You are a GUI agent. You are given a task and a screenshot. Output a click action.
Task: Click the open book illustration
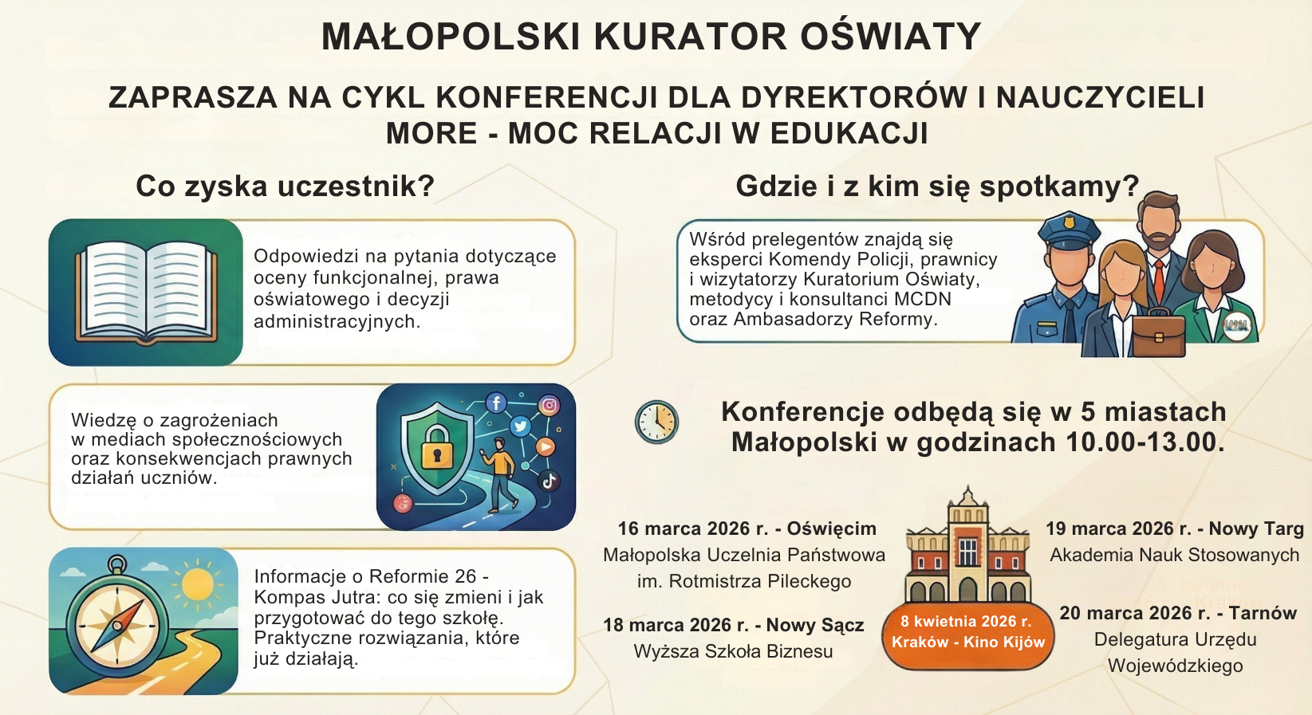click(146, 293)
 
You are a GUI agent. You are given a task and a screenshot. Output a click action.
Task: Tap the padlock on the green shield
click(436, 448)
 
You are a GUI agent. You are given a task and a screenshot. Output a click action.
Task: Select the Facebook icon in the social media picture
click(496, 403)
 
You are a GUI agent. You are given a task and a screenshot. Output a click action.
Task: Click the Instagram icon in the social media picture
click(549, 405)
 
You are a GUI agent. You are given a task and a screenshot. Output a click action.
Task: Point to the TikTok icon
click(549, 481)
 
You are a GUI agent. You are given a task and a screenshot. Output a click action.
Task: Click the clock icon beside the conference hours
click(656, 422)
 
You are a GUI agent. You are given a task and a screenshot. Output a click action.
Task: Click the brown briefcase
click(1159, 334)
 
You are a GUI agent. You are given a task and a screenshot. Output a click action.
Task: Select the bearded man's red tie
click(1159, 281)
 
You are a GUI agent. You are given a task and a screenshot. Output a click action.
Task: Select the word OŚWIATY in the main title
click(890, 37)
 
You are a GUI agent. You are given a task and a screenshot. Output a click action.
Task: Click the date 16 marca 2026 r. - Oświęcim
click(747, 528)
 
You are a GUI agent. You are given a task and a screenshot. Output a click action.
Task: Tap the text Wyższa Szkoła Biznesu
click(733, 651)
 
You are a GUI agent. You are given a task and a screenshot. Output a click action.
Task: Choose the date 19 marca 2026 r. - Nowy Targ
click(1175, 528)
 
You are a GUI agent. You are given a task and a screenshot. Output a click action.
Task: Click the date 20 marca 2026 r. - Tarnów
click(1178, 612)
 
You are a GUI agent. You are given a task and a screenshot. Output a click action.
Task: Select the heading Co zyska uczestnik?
click(286, 187)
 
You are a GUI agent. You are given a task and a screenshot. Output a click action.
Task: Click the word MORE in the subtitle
click(431, 133)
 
